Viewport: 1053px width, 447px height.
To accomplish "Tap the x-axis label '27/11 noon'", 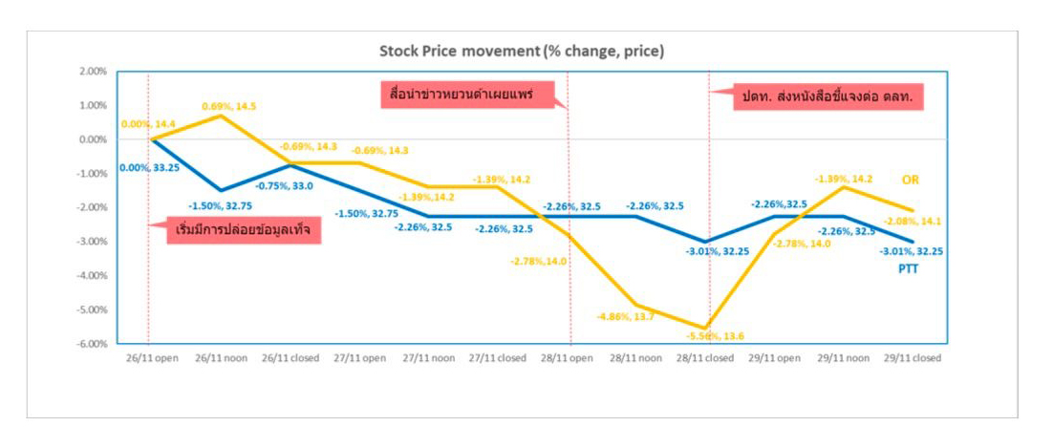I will click(427, 359).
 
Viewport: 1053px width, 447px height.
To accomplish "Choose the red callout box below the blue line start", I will click(245, 232).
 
